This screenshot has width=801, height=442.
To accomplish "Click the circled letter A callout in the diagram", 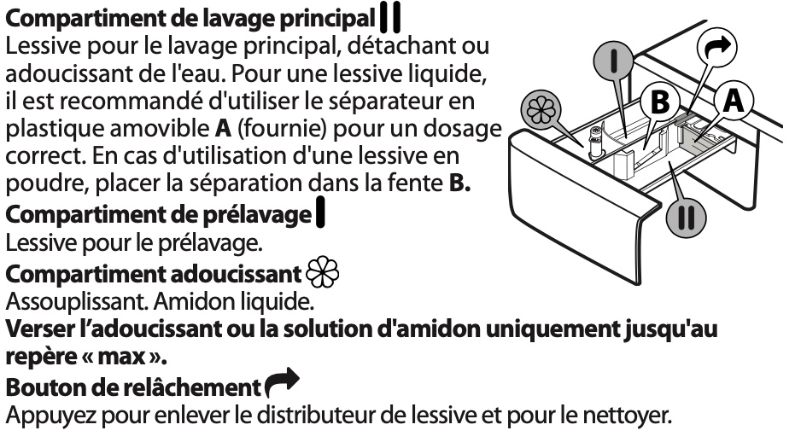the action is (734, 101).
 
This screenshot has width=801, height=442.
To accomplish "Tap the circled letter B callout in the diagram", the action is (659, 102).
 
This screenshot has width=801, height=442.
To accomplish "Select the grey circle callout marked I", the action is (613, 61).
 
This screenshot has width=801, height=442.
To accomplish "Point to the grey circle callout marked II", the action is (686, 218).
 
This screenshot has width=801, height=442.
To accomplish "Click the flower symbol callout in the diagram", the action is (541, 111).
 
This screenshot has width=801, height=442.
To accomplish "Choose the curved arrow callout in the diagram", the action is (717, 48).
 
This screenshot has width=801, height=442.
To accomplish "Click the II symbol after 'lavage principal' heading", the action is (390, 18).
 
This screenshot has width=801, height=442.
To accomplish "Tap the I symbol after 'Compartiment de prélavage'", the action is (320, 213).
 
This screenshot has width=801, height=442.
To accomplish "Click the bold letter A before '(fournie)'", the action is (223, 128).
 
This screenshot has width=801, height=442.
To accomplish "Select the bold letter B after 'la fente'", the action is (459, 183).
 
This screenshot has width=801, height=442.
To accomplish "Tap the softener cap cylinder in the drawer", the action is (594, 142).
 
